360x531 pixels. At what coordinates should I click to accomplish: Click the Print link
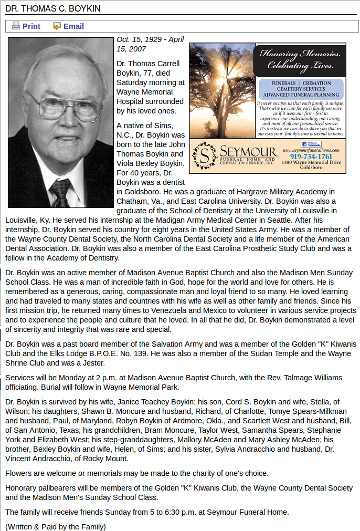tap(31, 26)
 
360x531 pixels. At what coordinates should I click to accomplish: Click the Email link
tap(73, 26)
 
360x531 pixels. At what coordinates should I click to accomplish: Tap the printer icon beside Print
tap(16, 26)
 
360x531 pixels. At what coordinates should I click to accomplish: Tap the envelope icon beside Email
tap(57, 26)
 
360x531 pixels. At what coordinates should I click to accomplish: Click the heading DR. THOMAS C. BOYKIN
tap(53, 9)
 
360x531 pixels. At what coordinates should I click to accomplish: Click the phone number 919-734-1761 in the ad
tap(311, 157)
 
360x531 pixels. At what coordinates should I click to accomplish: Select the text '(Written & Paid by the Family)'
tap(56, 526)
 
